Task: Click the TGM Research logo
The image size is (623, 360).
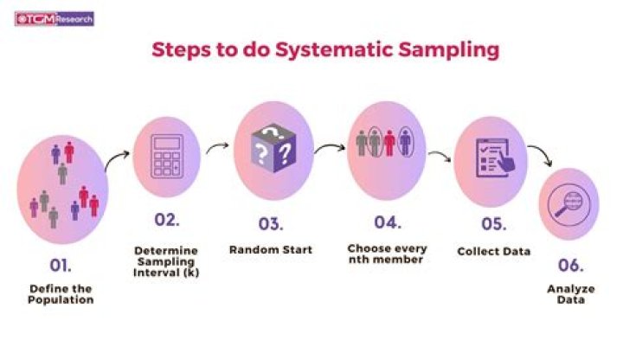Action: click(55, 17)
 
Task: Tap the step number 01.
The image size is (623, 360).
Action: click(60, 260)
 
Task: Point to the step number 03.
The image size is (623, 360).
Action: click(269, 224)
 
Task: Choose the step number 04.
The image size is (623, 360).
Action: click(387, 222)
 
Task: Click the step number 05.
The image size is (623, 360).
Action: click(493, 224)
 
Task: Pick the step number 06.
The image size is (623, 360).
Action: click(570, 266)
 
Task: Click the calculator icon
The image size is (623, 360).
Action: click(166, 157)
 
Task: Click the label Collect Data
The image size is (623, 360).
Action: click(493, 252)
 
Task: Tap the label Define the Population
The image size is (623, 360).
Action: click(60, 292)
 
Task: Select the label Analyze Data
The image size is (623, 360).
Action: click(570, 295)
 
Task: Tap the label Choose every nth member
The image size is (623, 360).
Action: click(387, 254)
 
